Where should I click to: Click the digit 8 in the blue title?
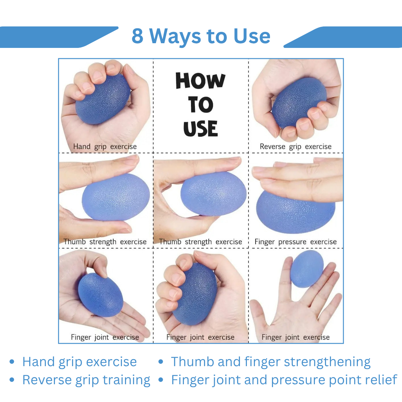137,36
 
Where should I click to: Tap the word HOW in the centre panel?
200,81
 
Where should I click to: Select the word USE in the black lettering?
200,129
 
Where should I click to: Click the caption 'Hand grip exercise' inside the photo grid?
105,147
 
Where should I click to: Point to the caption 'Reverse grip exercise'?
295,147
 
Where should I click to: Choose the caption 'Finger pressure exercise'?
295,242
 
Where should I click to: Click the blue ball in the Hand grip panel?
103,99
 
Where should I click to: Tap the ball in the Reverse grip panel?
299,103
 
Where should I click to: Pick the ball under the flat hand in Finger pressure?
295,212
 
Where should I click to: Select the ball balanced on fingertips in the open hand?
307,269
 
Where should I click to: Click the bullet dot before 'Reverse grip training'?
12,380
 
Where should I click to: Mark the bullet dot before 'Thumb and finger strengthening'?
161,361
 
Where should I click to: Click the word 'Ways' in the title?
176,37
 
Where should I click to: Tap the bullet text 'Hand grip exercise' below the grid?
79,362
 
